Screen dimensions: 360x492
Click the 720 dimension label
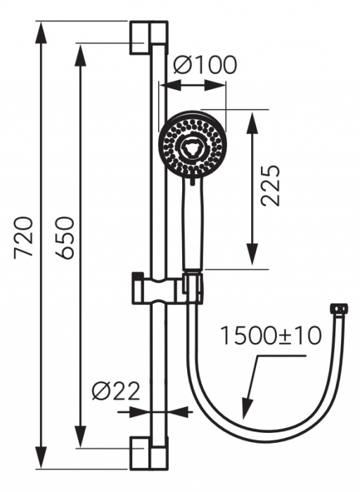24,237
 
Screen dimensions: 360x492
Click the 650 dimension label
64,238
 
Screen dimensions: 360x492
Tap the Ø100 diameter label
205,65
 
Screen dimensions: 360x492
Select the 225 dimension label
270,186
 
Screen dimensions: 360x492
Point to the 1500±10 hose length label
271,335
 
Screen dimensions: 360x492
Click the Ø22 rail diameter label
116,391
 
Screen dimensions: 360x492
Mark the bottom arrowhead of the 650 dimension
81,436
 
